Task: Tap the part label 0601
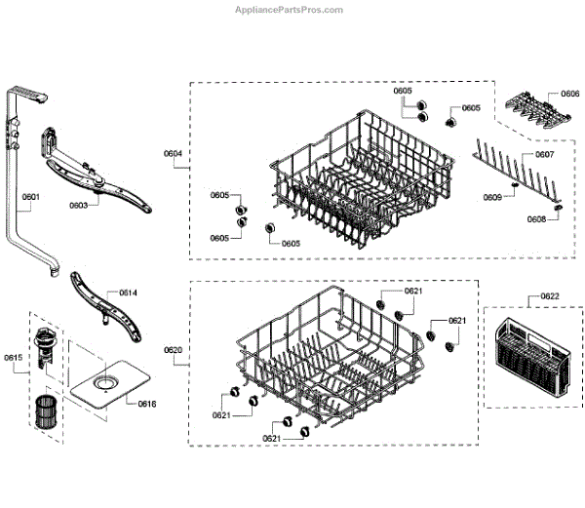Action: [x=30, y=197]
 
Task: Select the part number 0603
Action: [x=78, y=206]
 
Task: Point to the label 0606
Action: [x=570, y=95]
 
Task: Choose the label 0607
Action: [x=544, y=155]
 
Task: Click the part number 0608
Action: [x=536, y=219]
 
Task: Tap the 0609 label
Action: [x=493, y=198]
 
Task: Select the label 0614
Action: [x=128, y=293]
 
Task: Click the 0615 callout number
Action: [x=13, y=358]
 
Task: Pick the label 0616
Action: [x=146, y=403]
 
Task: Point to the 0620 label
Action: [x=173, y=350]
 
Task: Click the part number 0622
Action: [x=549, y=295]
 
